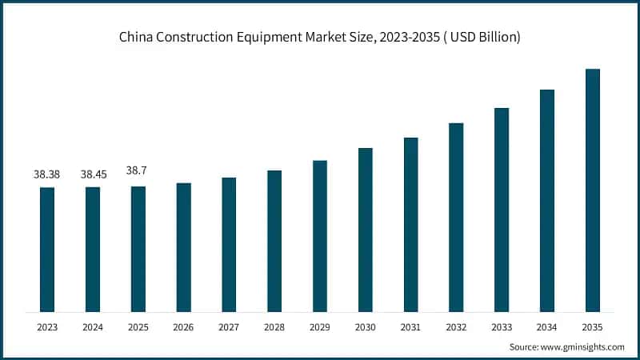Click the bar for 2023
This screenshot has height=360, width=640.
tap(47, 250)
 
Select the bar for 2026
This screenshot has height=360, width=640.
tap(183, 247)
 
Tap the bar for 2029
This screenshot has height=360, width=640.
tap(320, 236)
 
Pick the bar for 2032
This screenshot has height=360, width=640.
tap(456, 218)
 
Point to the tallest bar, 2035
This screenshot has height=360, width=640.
tap(593, 190)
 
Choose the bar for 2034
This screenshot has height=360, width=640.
tap(547, 201)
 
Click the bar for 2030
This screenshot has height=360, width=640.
tap(366, 230)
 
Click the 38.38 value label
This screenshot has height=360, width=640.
tap(47, 174)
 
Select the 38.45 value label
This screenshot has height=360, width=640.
tap(93, 174)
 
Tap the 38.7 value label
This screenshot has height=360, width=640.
tap(138, 171)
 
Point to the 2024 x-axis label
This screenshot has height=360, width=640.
tap(93, 326)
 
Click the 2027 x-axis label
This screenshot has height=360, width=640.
tap(229, 326)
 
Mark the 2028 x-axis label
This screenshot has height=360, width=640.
tap(274, 326)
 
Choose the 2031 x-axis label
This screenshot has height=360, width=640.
tap(411, 326)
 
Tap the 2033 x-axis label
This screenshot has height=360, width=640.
tap(502, 326)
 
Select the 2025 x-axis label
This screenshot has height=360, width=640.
tap(138, 326)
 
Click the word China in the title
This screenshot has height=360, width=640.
tap(137, 38)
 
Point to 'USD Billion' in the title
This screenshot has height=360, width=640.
tap(482, 38)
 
